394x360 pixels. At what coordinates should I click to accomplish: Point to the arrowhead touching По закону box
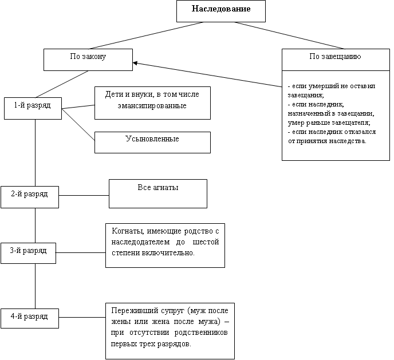(x=135, y=62)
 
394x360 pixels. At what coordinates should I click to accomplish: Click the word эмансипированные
(x=152, y=106)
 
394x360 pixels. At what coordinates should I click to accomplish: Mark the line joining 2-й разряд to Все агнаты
(x=84, y=195)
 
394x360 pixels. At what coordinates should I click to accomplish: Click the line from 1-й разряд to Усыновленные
(x=78, y=124)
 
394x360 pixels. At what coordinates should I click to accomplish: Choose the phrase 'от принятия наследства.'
(x=328, y=141)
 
